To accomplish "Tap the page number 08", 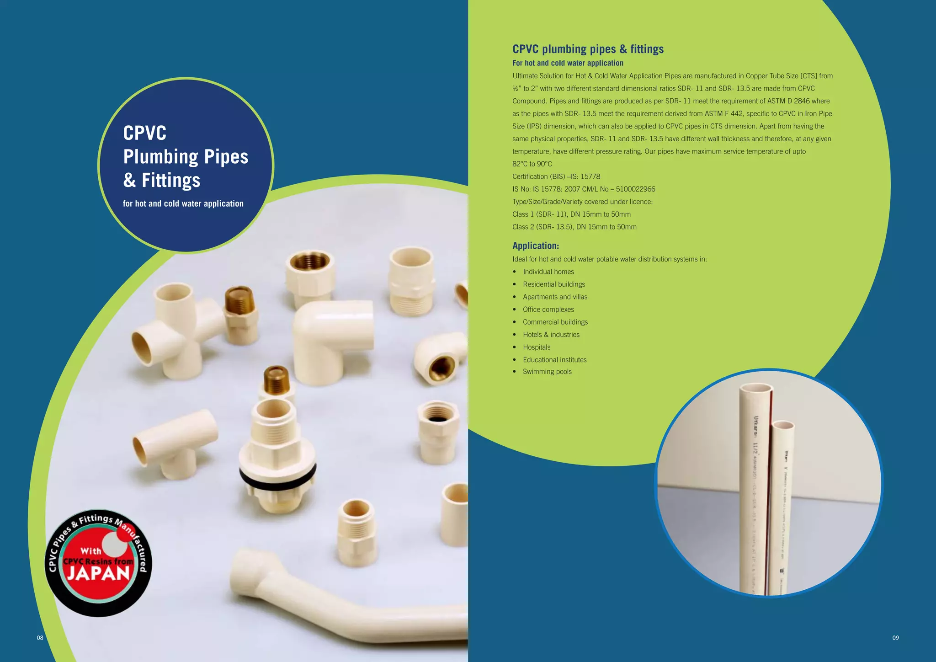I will click(40, 638).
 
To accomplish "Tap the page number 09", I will click(895, 638).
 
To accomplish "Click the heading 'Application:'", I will click(536, 246).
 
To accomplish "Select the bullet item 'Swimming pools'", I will click(547, 372).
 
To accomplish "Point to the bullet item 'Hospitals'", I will click(537, 347).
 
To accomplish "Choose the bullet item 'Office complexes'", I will click(548, 310).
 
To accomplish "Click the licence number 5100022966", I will click(635, 189).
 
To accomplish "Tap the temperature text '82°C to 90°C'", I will click(532, 164).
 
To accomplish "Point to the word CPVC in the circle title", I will click(145, 133).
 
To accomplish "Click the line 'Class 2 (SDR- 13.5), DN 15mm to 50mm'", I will click(574, 227).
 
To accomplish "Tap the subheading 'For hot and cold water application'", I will click(568, 63).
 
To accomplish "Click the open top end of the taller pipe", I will click(755, 389).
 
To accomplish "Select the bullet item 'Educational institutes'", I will click(554, 360).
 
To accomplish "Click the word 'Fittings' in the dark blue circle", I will click(171, 181).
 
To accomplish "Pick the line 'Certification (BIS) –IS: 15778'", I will click(556, 176).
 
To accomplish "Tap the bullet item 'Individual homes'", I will click(548, 272).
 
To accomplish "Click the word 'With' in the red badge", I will click(90, 551).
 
